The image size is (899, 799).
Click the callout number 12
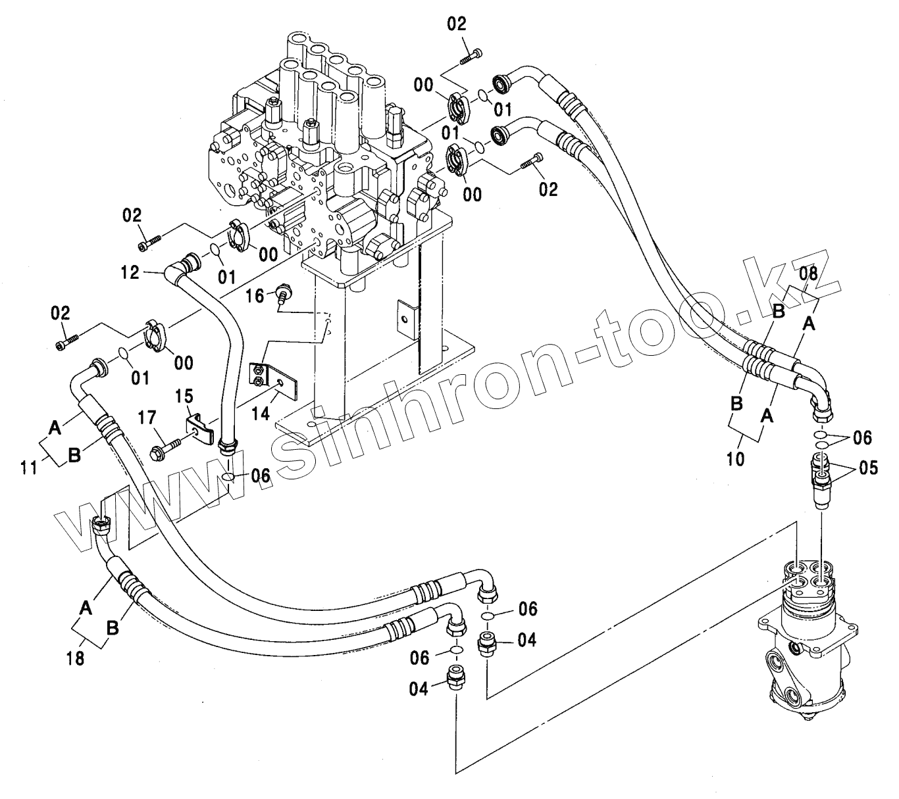point(130,272)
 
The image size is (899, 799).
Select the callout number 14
point(261,413)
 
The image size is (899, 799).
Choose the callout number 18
point(76,658)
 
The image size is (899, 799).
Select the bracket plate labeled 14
point(274,382)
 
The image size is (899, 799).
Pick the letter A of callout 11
point(55,428)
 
